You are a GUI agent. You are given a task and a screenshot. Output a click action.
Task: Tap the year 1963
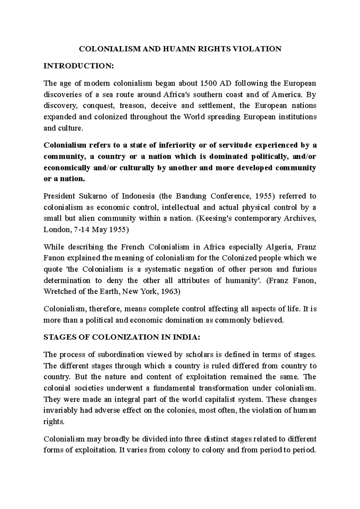(170, 292)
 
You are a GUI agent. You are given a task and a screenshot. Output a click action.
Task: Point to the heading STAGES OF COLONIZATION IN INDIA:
(121, 337)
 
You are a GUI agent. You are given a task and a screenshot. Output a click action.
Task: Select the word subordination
(120, 355)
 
